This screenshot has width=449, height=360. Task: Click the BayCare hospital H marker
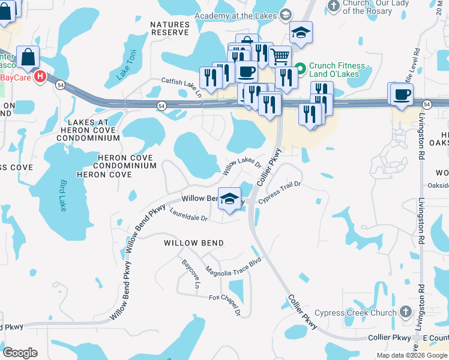tap(40, 77)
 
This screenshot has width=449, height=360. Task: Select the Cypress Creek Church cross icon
tap(405, 312)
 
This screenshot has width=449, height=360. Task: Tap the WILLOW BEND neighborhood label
tap(194, 243)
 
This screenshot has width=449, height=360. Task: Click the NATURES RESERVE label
tap(170, 28)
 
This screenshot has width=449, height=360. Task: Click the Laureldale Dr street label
tap(188, 215)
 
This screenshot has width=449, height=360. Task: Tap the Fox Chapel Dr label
tap(225, 304)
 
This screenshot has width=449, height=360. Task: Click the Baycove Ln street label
tap(190, 274)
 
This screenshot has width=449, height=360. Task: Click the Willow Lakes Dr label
tap(243, 167)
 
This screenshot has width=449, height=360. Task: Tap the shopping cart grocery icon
tap(280, 57)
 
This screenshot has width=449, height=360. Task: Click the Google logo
tap(20, 353)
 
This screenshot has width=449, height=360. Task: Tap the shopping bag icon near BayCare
tap(28, 58)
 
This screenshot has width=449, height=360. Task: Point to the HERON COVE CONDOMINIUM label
tap(118, 161)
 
